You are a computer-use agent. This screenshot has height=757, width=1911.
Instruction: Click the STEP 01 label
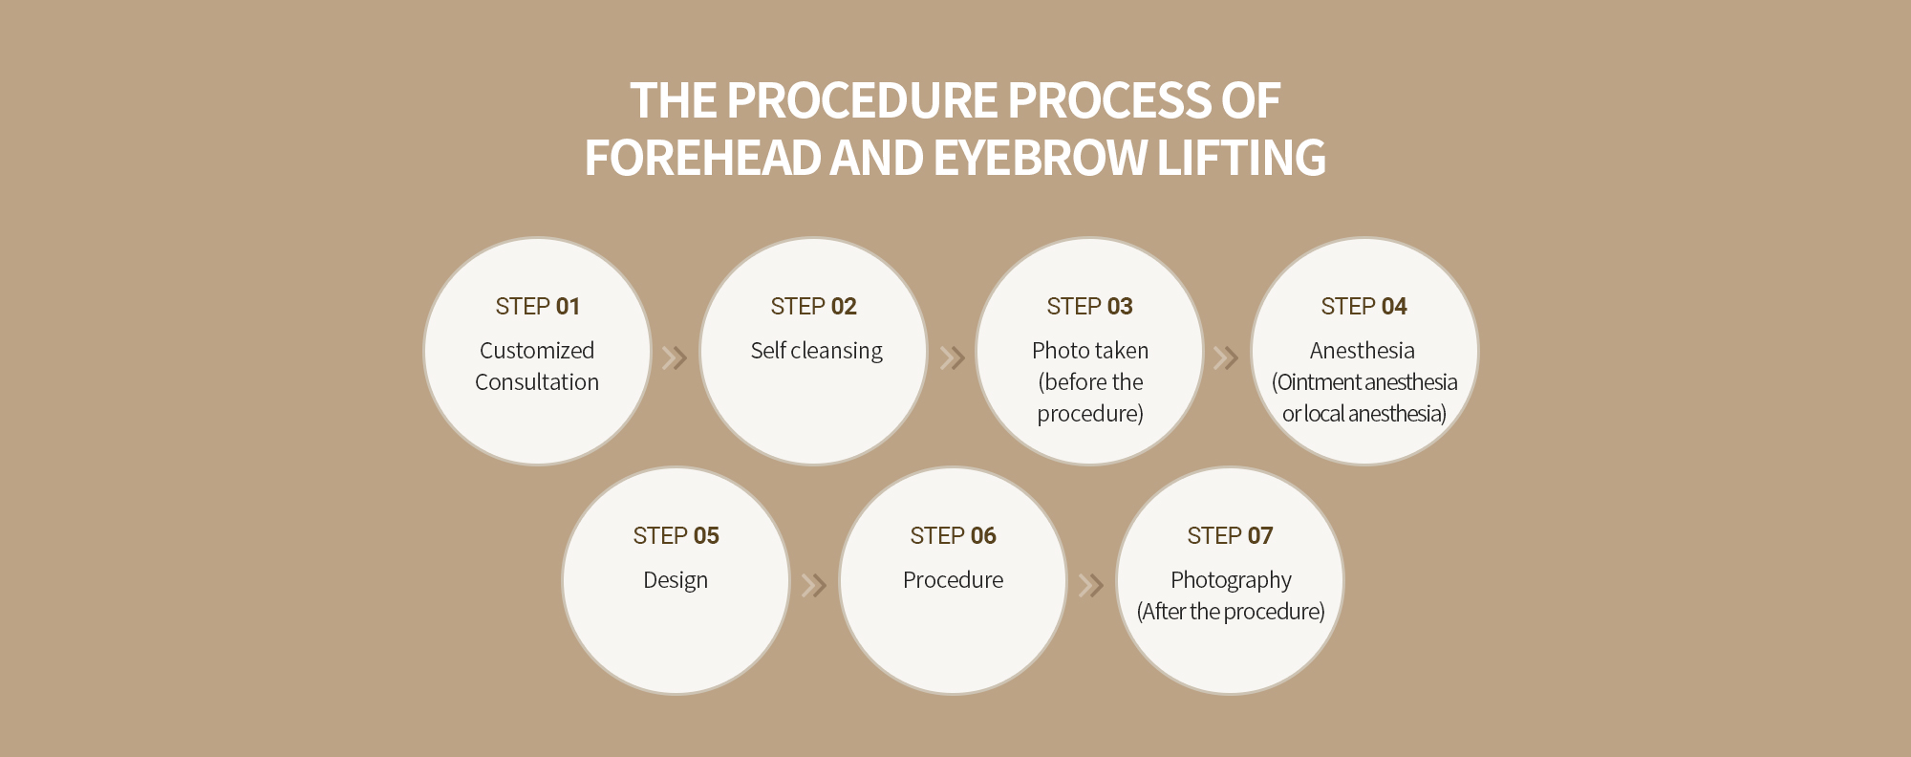(537, 306)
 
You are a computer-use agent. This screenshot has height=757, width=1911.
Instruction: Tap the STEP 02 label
(813, 306)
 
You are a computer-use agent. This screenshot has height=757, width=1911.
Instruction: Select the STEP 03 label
(1089, 306)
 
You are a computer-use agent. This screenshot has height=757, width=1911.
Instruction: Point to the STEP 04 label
(1363, 306)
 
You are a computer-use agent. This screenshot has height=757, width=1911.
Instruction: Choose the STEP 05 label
(676, 535)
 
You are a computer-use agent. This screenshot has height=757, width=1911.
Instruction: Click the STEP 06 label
(953, 535)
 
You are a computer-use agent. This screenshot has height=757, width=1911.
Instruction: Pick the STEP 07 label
(1230, 535)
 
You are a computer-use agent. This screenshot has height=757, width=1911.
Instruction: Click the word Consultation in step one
(537, 382)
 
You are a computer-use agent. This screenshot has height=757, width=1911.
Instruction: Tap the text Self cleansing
(816, 351)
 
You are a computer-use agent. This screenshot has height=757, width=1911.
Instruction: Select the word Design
(676, 580)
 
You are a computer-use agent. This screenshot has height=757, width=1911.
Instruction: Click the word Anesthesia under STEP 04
(1363, 351)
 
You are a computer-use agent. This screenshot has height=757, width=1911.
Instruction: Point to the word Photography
(1231, 580)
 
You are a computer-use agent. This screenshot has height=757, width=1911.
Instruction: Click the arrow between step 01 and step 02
(675, 357)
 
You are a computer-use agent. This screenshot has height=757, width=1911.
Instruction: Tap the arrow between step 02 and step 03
(952, 357)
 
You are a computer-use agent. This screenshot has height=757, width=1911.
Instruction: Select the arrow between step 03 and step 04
(1225, 357)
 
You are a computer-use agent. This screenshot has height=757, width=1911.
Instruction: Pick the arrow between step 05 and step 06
(813, 585)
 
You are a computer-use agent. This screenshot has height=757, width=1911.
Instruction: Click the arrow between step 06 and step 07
(1090, 585)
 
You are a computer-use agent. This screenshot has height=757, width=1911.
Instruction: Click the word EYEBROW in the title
(1040, 158)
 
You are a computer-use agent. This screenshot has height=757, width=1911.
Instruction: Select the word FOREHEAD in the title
(702, 158)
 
